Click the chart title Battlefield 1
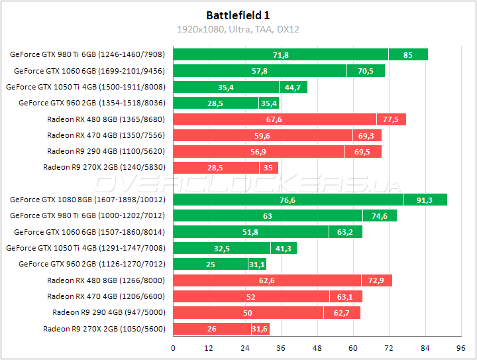(238, 15)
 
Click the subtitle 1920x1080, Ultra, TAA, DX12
(238, 29)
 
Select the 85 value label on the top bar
(407, 55)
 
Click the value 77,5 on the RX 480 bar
(391, 119)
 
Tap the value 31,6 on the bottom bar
(260, 329)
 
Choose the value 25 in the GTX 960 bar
(211, 265)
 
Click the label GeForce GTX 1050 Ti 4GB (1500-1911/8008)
(85, 87)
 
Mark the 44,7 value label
(293, 87)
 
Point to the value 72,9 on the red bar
(376, 280)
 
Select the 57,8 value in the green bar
(260, 71)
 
